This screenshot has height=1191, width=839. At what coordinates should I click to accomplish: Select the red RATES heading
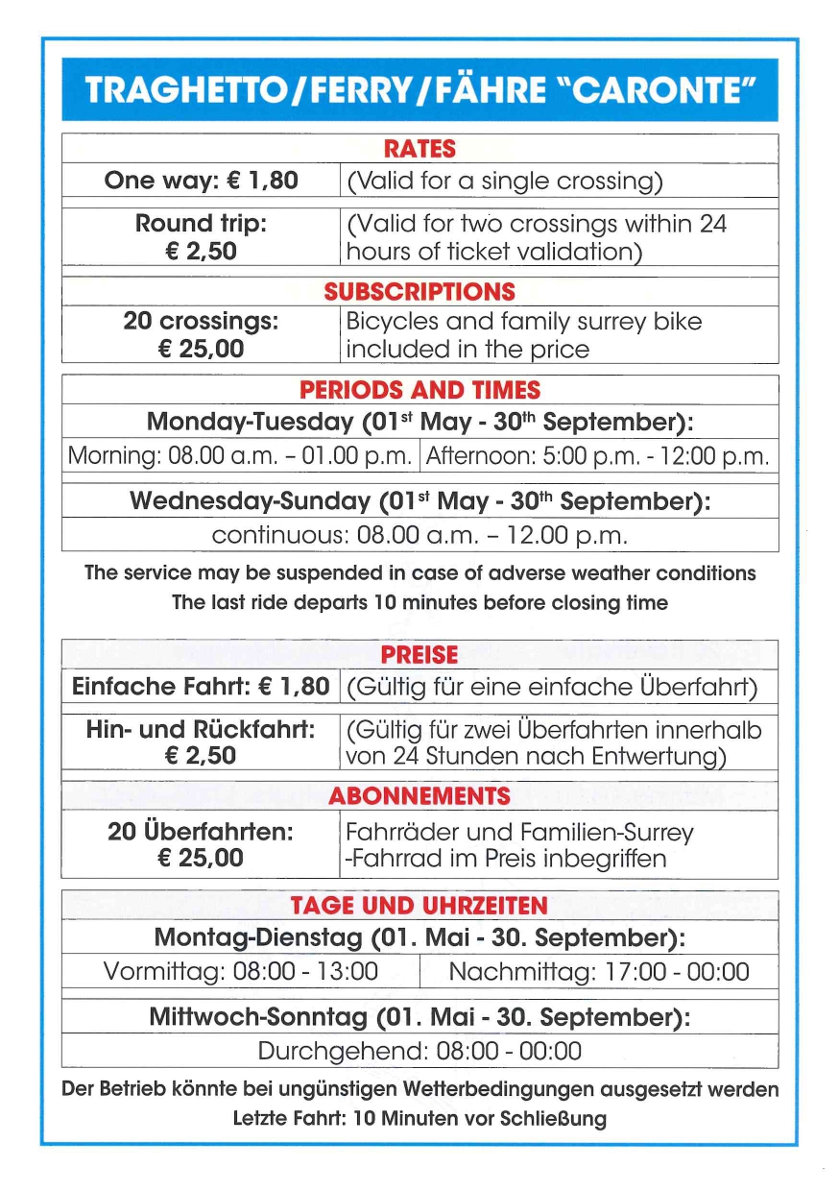[419, 150]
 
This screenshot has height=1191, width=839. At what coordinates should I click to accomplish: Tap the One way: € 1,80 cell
[202, 181]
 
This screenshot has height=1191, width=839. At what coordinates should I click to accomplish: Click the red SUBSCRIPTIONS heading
[419, 292]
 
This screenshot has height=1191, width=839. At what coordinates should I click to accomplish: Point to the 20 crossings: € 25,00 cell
[202, 334]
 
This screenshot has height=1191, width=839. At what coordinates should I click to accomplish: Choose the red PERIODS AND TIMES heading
[419, 390]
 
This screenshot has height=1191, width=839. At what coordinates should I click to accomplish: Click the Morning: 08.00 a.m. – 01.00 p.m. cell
[242, 456]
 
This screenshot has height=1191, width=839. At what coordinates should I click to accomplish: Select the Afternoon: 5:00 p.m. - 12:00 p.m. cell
[597, 456]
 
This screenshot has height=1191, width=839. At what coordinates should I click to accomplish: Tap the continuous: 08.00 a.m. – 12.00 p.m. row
[419, 534]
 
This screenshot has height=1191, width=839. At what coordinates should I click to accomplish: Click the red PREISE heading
[419, 655]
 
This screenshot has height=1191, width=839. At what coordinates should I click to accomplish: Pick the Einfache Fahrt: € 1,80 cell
[202, 687]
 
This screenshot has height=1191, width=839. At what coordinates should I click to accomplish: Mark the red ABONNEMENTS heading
[419, 796]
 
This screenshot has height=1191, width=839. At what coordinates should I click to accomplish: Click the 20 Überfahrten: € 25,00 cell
[202, 844]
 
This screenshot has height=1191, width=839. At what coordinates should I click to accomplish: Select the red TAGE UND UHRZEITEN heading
[419, 906]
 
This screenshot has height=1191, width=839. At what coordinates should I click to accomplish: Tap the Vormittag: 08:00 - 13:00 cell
[241, 971]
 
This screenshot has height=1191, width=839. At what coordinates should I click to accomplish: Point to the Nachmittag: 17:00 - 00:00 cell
[598, 971]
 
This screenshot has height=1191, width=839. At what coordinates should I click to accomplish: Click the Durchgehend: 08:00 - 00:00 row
[419, 1051]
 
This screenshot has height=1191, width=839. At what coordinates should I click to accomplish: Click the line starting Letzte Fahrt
[419, 1118]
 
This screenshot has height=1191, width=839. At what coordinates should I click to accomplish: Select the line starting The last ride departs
[419, 603]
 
